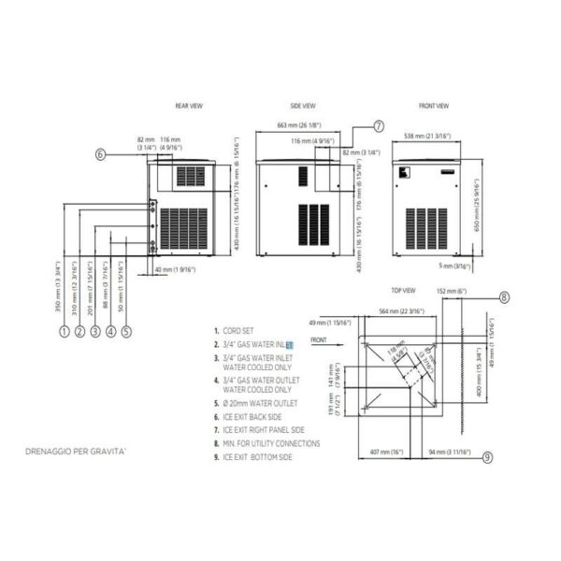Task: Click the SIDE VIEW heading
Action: coord(302,107)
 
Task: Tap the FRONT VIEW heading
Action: coord(434,107)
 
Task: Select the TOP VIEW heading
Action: coord(403,291)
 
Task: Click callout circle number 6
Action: coord(100,155)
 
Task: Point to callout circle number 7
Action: coord(378,125)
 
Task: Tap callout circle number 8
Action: coord(504,298)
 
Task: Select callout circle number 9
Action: coord(487,457)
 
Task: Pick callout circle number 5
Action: coord(126,330)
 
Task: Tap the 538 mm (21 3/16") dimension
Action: coord(427,136)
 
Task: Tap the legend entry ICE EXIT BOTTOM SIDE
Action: coord(261,457)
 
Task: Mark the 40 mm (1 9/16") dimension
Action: coord(174,270)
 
